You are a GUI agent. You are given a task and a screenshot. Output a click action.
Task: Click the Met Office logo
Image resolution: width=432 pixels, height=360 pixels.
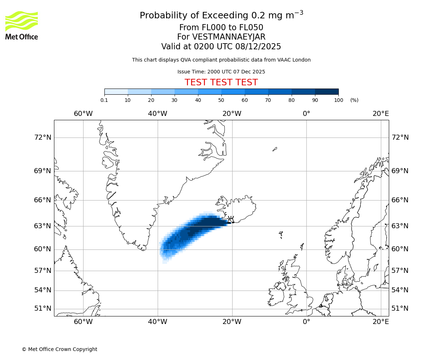pos(22,25)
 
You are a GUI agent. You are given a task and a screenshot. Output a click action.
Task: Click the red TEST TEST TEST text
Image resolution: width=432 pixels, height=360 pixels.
pos(221,82)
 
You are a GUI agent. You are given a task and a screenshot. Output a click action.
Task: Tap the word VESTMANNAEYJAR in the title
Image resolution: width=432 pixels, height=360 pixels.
pos(229,37)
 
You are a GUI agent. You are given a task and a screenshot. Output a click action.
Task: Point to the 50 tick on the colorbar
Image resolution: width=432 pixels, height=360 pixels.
pos(221,100)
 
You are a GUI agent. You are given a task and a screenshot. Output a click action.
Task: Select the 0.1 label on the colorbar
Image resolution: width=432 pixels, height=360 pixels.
pos(104,100)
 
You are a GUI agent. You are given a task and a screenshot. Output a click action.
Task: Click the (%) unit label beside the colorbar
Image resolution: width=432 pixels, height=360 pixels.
pos(354,100)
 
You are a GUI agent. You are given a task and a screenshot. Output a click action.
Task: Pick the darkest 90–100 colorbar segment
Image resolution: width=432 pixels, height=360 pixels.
pos(327,91)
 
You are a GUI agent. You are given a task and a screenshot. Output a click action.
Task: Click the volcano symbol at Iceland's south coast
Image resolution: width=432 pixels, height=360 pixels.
pos(231,219)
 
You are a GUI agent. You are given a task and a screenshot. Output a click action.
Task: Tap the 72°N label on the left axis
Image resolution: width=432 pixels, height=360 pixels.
pos(42,137)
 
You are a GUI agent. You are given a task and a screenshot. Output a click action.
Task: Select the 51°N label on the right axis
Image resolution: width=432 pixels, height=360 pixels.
pos(400,309)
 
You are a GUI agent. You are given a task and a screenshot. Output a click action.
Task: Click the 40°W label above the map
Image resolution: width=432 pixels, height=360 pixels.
pos(158,114)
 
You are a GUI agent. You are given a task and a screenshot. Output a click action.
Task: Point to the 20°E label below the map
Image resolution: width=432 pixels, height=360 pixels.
pos(381,321)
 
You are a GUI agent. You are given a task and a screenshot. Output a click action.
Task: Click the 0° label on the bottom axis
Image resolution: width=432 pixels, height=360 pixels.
pos(306,321)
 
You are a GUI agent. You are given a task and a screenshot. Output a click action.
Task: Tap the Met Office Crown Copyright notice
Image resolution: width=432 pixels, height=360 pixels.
pos(59,349)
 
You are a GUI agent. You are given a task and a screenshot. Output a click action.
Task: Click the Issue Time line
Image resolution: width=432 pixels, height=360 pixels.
pos(221,72)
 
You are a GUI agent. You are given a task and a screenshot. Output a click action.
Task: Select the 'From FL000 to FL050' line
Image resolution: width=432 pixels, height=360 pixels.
pos(221,28)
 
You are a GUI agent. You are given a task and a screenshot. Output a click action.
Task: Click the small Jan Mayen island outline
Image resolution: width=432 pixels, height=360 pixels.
pos(275,149)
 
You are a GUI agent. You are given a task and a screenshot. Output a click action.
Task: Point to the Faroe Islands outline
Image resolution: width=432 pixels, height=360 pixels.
pos(281,235)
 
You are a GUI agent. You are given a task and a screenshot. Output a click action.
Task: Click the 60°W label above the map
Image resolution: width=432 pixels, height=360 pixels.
pos(83,114)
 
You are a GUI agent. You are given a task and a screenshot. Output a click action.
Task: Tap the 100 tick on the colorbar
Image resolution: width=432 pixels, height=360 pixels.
pos(338,100)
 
